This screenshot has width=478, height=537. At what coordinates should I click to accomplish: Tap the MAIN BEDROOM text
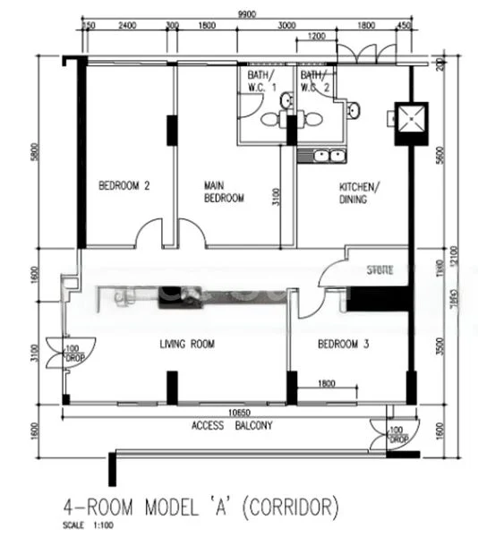(223, 192)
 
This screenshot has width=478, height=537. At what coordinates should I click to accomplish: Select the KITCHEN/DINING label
(359, 193)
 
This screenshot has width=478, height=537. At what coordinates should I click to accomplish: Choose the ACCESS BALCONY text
(232, 426)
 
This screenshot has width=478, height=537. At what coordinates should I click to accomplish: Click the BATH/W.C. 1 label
(262, 81)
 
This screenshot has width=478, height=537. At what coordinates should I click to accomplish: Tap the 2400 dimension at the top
(126, 27)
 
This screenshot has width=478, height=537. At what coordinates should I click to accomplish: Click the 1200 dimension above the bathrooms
(315, 38)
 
